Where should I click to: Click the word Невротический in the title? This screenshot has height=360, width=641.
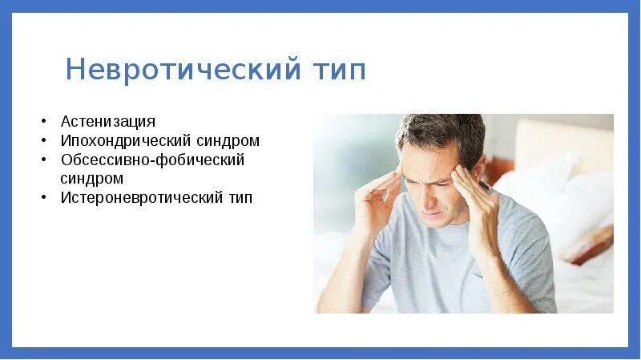(x=175, y=70)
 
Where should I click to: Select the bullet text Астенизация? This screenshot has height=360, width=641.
(x=107, y=122)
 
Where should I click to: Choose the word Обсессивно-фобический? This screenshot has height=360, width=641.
(x=152, y=160)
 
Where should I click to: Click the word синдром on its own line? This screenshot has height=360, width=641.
(x=92, y=178)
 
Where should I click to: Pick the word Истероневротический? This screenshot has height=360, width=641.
(x=140, y=197)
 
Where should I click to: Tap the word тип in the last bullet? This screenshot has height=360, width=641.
(x=238, y=197)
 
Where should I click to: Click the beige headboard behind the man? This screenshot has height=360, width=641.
(x=561, y=144)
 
